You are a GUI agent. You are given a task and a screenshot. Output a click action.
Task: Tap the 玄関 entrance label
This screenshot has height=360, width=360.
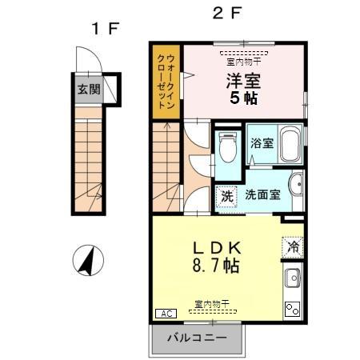90,89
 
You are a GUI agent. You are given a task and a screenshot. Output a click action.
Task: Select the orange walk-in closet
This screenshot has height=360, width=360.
166,83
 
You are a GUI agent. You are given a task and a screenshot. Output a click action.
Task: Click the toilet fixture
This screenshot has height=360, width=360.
227,146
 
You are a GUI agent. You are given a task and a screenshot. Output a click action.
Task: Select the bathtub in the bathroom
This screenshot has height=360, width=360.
289,144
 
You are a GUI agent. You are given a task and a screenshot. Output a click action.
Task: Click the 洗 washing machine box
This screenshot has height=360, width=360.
226,194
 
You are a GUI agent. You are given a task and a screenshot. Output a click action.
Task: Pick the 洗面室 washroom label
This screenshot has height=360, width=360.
261,194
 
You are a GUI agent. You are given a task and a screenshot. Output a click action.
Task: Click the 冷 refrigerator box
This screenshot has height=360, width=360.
294,247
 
